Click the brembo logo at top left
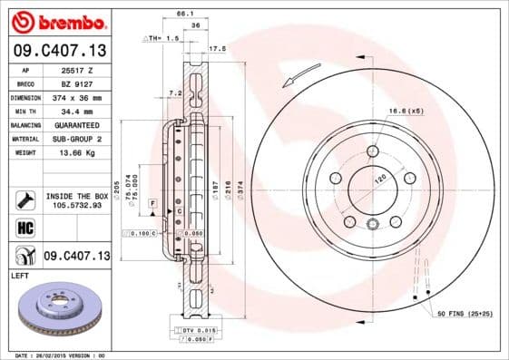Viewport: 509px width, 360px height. [x=55, y=21]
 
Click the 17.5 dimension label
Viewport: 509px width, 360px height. [x=217, y=48]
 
